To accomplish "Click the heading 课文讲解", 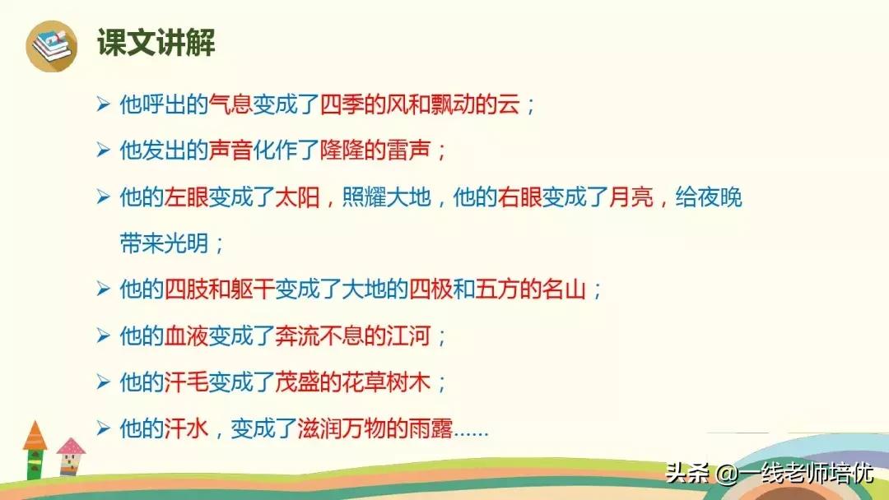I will pyautogui.click(x=156, y=43).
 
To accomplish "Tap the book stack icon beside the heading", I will pyautogui.click(x=52, y=44).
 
